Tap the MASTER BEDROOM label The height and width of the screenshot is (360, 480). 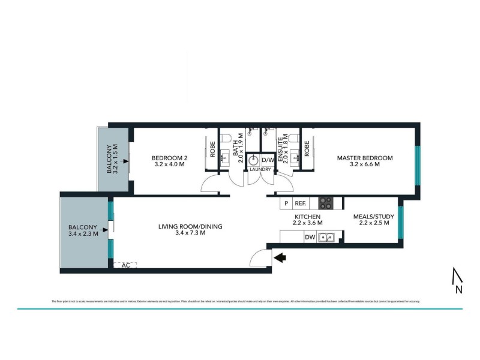364,158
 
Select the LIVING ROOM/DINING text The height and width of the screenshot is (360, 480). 190,227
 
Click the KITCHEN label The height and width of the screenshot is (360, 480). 308,217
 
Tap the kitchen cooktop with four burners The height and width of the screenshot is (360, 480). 326,203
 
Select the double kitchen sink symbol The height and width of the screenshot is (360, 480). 326,238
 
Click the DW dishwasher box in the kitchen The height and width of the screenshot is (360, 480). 310,238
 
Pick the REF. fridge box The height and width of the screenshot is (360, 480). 301,203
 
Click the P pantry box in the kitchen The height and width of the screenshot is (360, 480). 286,203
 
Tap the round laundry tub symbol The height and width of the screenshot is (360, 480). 253,161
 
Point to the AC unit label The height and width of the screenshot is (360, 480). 126,265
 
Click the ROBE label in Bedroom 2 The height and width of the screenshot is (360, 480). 211,148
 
